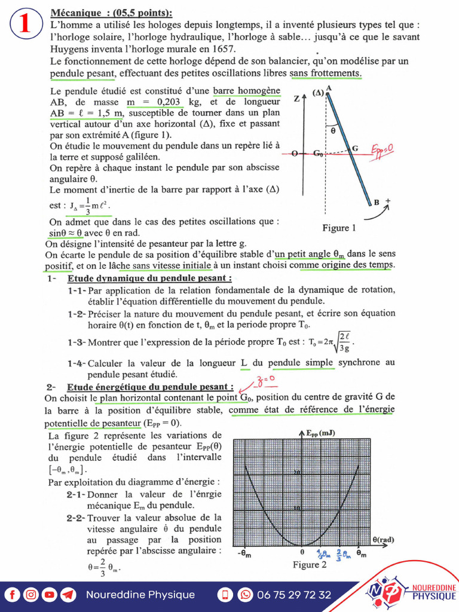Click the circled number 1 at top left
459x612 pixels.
coord(25,25)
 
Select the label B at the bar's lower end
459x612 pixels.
coord(377,203)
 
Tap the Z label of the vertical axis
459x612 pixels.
coord(296,99)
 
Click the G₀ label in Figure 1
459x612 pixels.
coord(318,154)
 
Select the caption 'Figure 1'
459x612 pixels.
coord(339,228)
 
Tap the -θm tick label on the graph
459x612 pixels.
coord(243,553)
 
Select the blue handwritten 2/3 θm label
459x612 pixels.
coord(342,553)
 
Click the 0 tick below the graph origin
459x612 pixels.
coord(302,553)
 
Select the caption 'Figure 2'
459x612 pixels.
coord(309,565)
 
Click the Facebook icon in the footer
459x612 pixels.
coord(13,595)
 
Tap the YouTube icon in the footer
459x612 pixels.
coord(50,595)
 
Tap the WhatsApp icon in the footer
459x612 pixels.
coord(245,595)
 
